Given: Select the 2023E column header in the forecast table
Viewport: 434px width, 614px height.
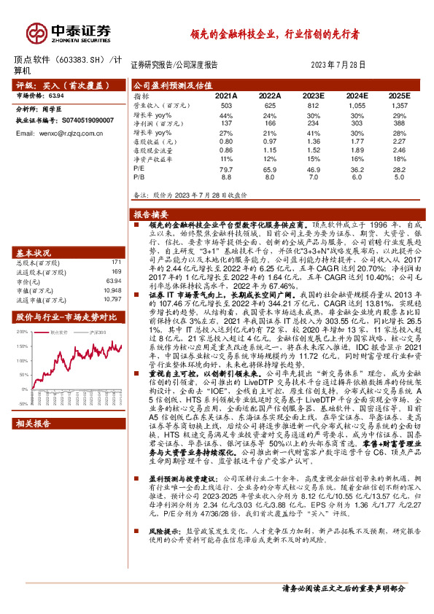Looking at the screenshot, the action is point(313,96).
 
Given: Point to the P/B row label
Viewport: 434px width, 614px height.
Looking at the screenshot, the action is point(140,176).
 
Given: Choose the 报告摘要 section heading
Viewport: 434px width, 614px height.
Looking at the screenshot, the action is point(152,215).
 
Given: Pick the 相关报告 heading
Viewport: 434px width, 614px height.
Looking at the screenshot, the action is point(35,443).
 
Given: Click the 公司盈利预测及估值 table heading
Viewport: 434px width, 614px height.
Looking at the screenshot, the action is point(173,85).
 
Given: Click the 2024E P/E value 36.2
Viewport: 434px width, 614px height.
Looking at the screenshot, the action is point(356,168).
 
